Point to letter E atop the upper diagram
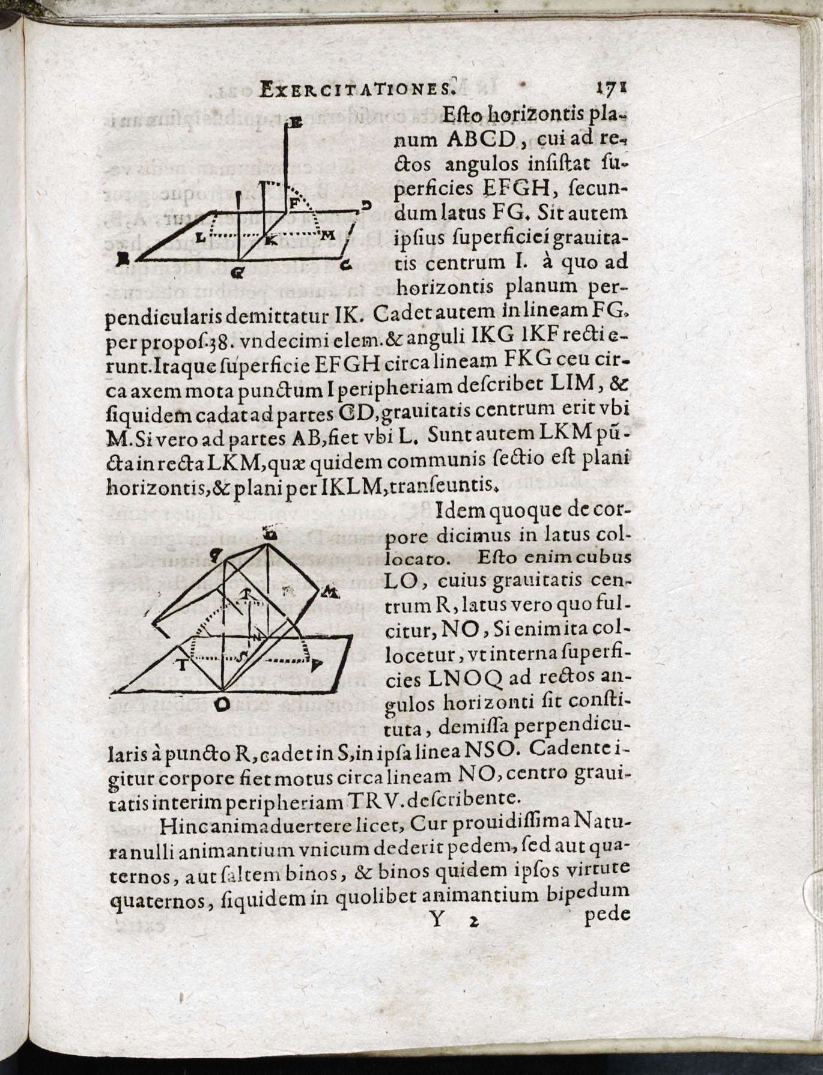(296, 124)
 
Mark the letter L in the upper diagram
(201, 237)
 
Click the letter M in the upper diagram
(327, 236)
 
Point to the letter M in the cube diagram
(329, 594)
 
